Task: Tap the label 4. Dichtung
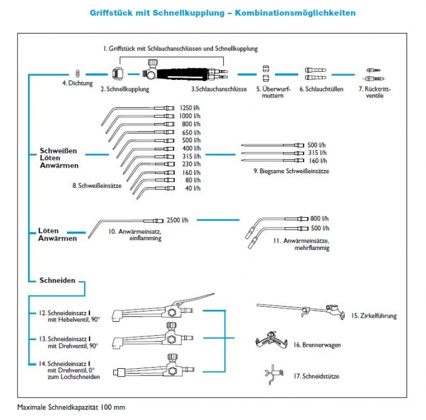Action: pyautogui.click(x=77, y=83)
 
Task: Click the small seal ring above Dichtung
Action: pyautogui.click(x=78, y=72)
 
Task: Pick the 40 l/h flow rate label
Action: pyautogui.click(x=192, y=188)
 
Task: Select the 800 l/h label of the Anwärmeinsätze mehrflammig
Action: pyautogui.click(x=319, y=218)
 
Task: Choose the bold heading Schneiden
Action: pyautogui.click(x=57, y=280)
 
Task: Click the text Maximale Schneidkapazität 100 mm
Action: pyautogui.click(x=71, y=407)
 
